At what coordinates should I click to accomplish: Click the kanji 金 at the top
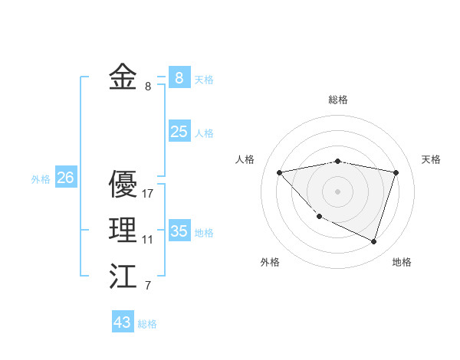click(x=123, y=77)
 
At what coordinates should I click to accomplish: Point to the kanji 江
click(x=123, y=277)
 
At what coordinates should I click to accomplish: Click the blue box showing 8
click(x=179, y=77)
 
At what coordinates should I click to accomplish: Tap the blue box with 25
click(x=179, y=132)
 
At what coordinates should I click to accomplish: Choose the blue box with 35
click(x=179, y=231)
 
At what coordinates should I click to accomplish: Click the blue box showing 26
click(x=65, y=178)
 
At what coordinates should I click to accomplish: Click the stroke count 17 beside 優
click(x=148, y=194)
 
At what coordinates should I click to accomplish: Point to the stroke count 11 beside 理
click(x=147, y=240)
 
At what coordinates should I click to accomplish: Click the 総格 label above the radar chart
click(x=338, y=100)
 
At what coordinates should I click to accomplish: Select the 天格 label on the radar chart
click(x=432, y=159)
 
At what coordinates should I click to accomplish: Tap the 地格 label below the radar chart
click(x=402, y=262)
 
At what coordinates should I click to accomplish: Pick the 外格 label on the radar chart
click(x=270, y=262)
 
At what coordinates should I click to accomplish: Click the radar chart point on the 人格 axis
click(x=279, y=172)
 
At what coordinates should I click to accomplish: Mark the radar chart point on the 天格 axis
click(x=396, y=172)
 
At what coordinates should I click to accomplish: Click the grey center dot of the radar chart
click(x=337, y=191)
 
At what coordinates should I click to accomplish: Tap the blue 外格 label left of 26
click(x=41, y=179)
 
